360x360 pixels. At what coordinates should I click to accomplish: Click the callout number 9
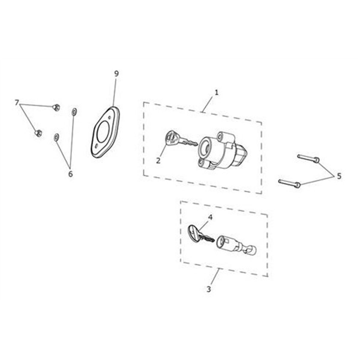tap(116, 74)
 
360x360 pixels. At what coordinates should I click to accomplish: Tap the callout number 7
tap(17, 102)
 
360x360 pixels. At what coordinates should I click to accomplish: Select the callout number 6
tap(70, 174)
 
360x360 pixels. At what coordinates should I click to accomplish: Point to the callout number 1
tap(216, 92)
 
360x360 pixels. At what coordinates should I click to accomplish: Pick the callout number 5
tap(339, 176)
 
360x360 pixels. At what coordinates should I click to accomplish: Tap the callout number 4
tap(210, 217)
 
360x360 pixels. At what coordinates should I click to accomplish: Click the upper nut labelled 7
tap(56, 107)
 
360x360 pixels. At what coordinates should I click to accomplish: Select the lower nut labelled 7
tap(38, 133)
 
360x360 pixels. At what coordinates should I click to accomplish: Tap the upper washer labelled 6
tap(74, 112)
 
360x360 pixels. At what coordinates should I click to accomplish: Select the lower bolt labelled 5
tap(289, 183)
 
